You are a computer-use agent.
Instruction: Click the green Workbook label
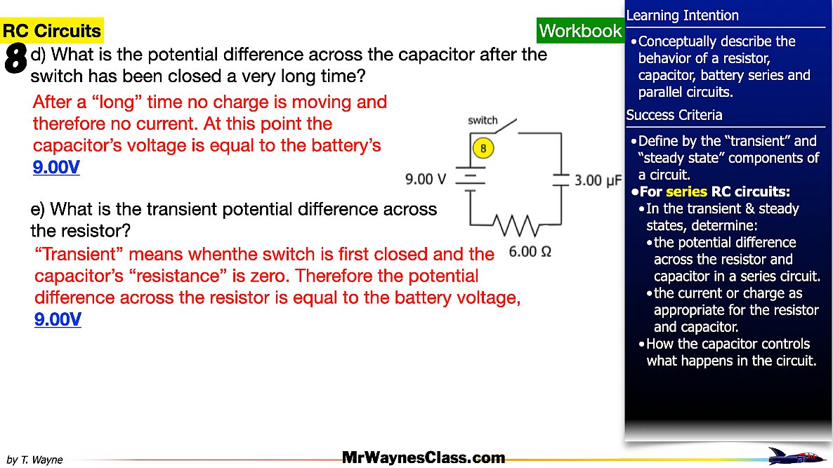[580, 31]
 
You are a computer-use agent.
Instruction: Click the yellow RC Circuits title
[52, 31]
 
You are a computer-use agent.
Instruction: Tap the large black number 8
[15, 58]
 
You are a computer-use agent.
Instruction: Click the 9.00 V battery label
[426, 180]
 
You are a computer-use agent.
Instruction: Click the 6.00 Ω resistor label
[530, 251]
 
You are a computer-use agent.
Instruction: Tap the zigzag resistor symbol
[516, 226]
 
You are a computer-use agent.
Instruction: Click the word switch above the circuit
[483, 121]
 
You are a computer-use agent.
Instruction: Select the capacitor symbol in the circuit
[560, 180]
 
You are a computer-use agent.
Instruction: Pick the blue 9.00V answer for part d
[56, 168]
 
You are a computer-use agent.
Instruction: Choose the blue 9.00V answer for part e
[58, 320]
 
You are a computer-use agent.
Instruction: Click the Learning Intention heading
[682, 15]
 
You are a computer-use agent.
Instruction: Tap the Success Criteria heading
[674, 115]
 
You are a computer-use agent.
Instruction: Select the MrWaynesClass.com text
[424, 458]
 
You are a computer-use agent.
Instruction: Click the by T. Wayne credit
[34, 460]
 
